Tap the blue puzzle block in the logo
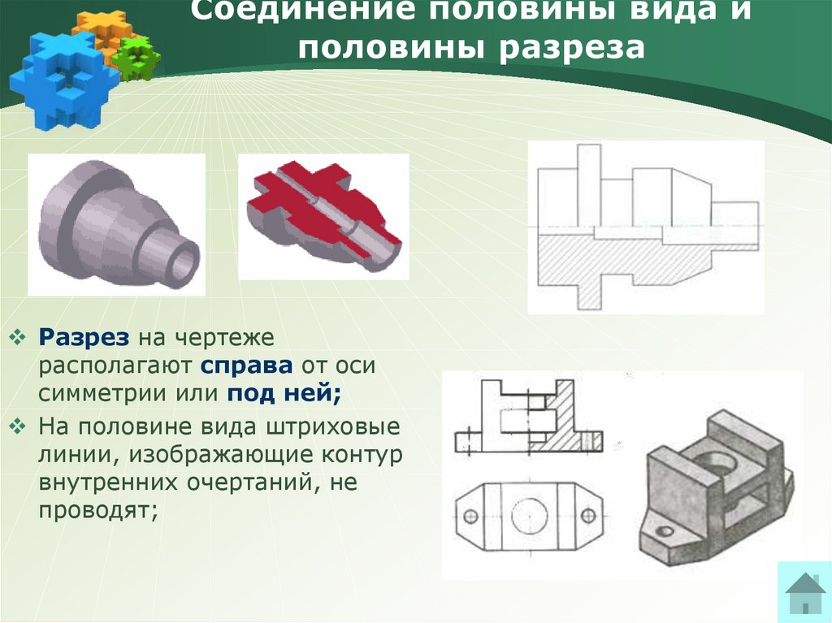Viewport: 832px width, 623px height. point(63,80)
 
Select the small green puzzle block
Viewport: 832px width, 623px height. point(136,59)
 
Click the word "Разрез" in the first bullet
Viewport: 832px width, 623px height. point(84,338)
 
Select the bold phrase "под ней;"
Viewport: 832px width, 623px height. point(284,394)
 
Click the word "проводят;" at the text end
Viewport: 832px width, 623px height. point(98,510)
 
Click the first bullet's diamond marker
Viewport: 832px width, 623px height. point(18,337)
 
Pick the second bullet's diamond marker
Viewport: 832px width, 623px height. point(18,426)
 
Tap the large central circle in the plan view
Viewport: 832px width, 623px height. point(529,515)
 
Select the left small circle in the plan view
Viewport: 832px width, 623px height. point(470,516)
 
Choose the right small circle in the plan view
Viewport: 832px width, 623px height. point(588,515)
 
